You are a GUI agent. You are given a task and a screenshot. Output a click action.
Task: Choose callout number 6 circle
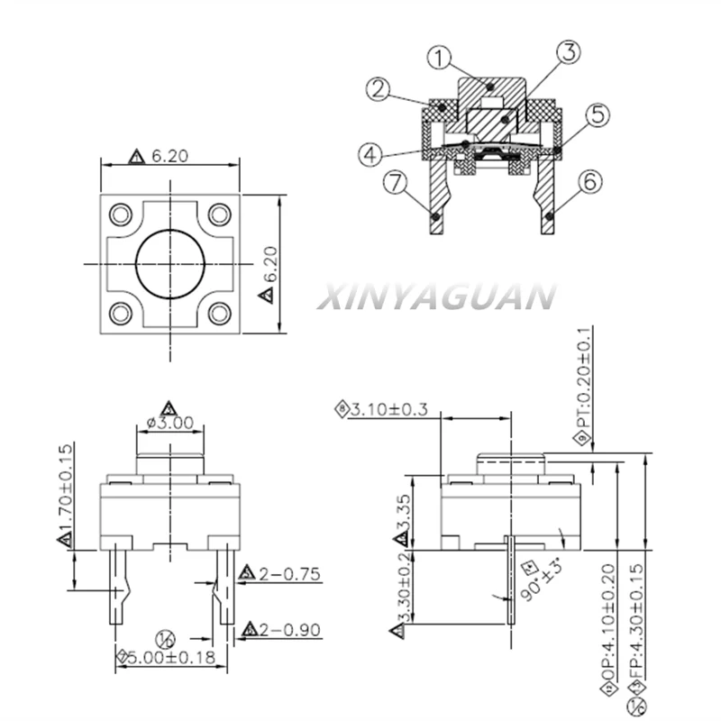click(588, 181)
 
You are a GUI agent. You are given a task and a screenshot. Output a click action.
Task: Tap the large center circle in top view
click(170, 262)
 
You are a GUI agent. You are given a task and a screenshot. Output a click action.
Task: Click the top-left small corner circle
click(120, 214)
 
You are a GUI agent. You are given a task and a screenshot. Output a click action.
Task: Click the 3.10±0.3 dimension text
click(387, 410)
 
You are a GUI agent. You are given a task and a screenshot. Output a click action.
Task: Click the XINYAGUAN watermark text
click(436, 297)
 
